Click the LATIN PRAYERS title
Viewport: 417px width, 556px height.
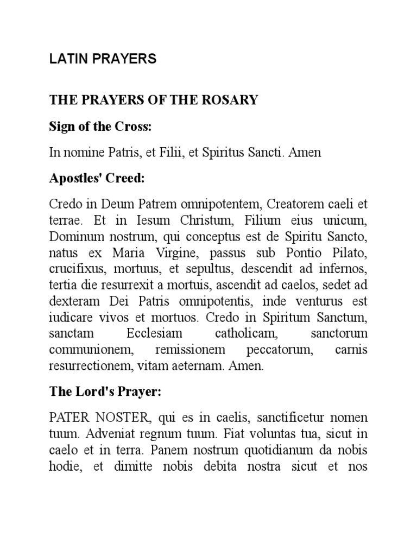click(x=103, y=60)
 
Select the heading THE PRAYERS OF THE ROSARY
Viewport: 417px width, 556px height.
click(x=154, y=100)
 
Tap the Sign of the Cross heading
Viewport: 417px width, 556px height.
click(x=100, y=127)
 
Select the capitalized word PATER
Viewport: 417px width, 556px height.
click(x=67, y=418)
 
